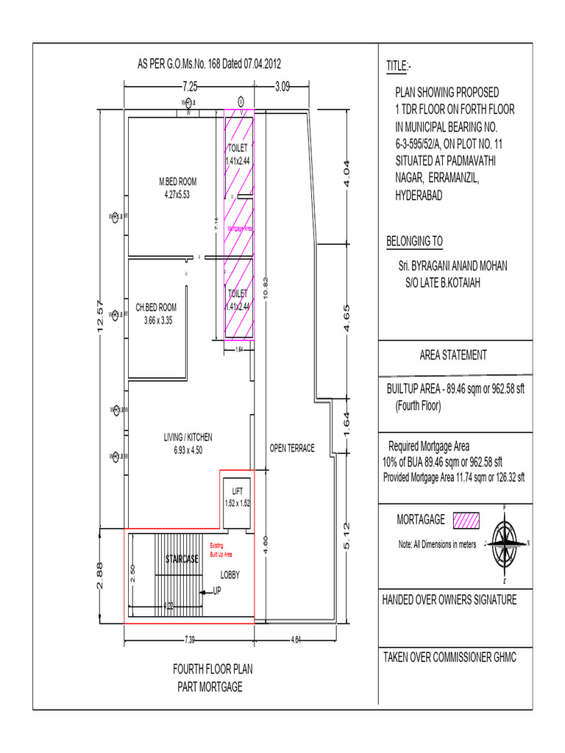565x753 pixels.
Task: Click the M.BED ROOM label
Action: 177,181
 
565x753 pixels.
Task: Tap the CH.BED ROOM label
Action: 157,307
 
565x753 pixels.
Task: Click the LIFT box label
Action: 237,490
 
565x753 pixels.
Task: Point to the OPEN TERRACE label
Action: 292,448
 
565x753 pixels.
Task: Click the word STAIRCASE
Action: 182,559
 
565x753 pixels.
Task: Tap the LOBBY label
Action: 230,574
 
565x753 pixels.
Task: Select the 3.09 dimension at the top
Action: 282,86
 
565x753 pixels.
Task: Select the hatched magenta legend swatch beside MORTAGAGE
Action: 466,521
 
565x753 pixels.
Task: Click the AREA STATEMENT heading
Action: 453,355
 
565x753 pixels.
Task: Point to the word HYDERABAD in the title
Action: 419,196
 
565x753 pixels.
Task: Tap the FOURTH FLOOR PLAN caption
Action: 213,670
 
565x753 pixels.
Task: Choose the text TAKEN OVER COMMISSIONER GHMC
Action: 449,657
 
